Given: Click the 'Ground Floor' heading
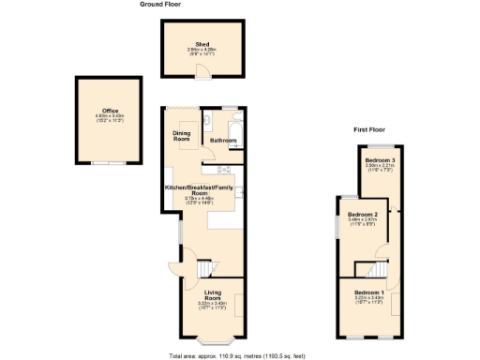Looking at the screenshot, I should tap(160, 5).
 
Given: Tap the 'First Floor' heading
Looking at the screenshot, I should tap(371, 129).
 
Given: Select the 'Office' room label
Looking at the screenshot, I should tap(110, 110).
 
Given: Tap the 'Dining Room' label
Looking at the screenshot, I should tap(182, 136).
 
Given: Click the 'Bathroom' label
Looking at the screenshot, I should tap(222, 140).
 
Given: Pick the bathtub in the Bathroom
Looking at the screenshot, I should tap(235, 131).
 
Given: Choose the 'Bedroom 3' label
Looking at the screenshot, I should tap(379, 160).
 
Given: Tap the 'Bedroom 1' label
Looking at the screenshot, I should tap(368, 294).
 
